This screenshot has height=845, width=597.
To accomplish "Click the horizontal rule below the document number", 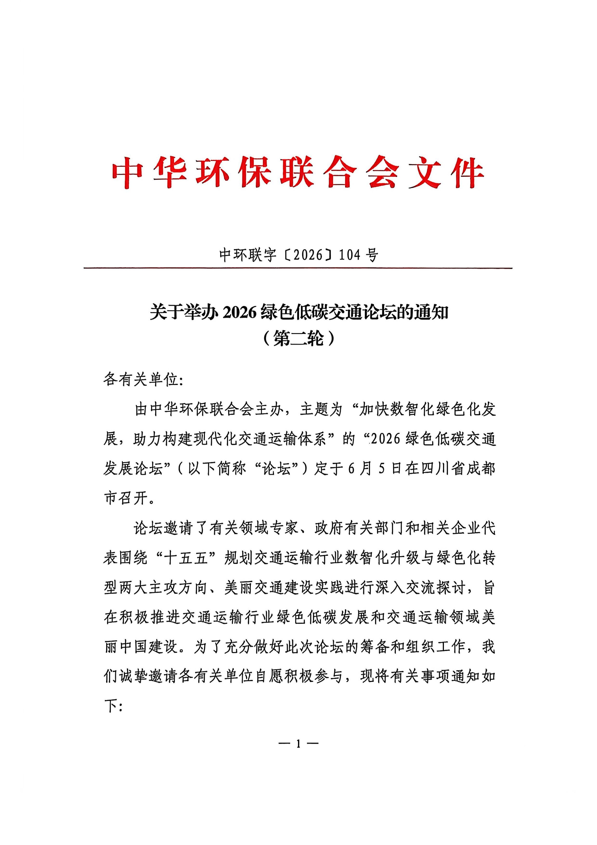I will [x=298, y=268].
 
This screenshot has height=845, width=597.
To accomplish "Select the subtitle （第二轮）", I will [x=298, y=337].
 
